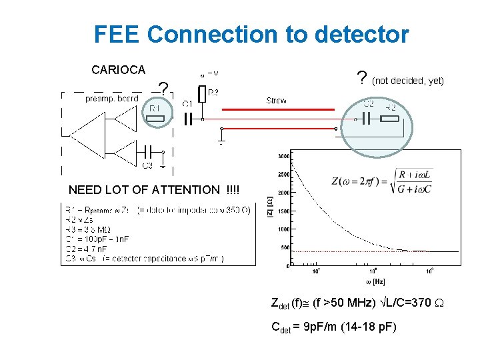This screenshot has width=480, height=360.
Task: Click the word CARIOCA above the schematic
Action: (x=118, y=69)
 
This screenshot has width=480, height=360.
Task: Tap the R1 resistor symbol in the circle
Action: (x=155, y=119)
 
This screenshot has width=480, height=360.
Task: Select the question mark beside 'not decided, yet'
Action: (x=361, y=79)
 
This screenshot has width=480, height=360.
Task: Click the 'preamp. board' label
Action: (x=112, y=99)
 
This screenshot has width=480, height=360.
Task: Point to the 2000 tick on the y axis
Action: (x=283, y=192)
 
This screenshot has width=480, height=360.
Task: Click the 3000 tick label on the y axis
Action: (x=283, y=155)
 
